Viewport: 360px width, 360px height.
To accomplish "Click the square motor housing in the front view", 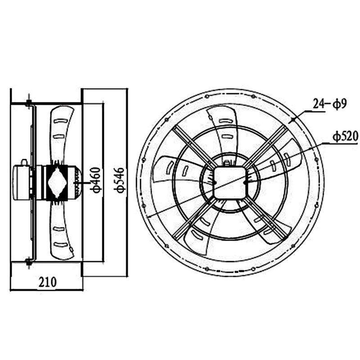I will tap(229, 182).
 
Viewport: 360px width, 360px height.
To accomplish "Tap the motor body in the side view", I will tap(21, 180).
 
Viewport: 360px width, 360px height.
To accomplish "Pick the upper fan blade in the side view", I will tap(61, 130).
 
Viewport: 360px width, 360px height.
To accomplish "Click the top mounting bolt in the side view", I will tap(28, 103).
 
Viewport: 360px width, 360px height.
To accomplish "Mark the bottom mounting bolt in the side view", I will tap(28, 261).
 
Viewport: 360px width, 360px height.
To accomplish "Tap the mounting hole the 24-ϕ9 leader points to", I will tap(292, 120).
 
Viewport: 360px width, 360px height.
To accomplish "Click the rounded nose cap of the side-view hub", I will tap(78, 181).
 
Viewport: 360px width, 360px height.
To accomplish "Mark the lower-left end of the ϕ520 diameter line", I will tap(146, 219).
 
